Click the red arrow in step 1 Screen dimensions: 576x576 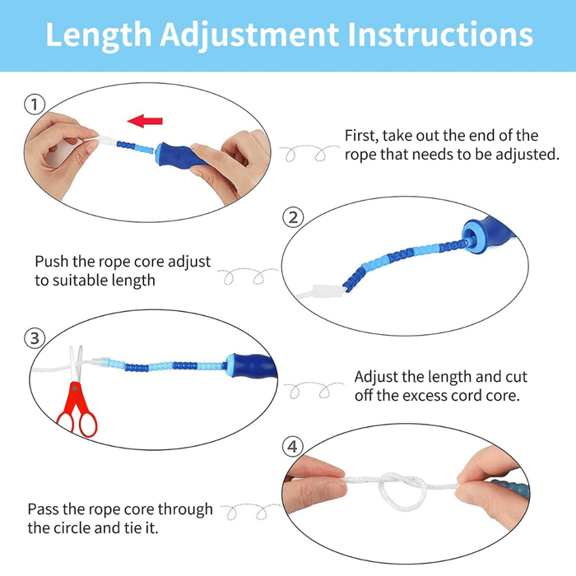147,121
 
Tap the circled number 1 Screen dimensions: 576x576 34,105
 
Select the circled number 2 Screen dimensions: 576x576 292,217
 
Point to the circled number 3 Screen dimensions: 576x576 34,338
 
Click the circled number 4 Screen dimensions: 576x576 292,447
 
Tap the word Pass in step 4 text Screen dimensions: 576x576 44,509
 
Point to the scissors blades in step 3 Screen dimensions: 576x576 77,362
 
